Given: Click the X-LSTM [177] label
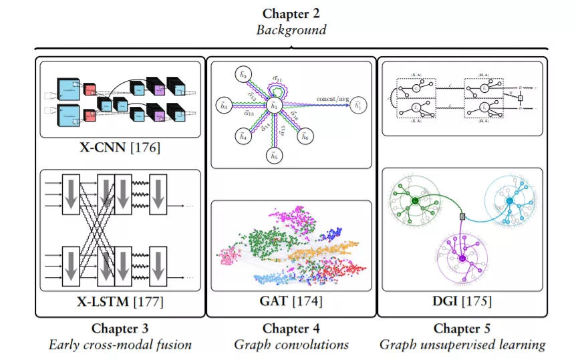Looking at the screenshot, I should pyautogui.click(x=120, y=302).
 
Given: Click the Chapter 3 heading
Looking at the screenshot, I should pyautogui.click(x=120, y=328).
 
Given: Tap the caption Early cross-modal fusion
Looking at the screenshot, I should pyautogui.click(x=120, y=345).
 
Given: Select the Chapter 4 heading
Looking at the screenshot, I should pyautogui.click(x=291, y=328).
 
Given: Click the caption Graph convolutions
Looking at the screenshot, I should pyautogui.click(x=291, y=345).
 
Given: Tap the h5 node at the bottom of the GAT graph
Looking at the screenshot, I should pyautogui.click(x=272, y=156).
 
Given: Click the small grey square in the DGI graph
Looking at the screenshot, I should pyautogui.click(x=462, y=216).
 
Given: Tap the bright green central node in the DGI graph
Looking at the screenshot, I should pyautogui.click(x=415, y=201).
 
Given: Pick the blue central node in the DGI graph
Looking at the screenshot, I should pyautogui.click(x=509, y=201).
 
